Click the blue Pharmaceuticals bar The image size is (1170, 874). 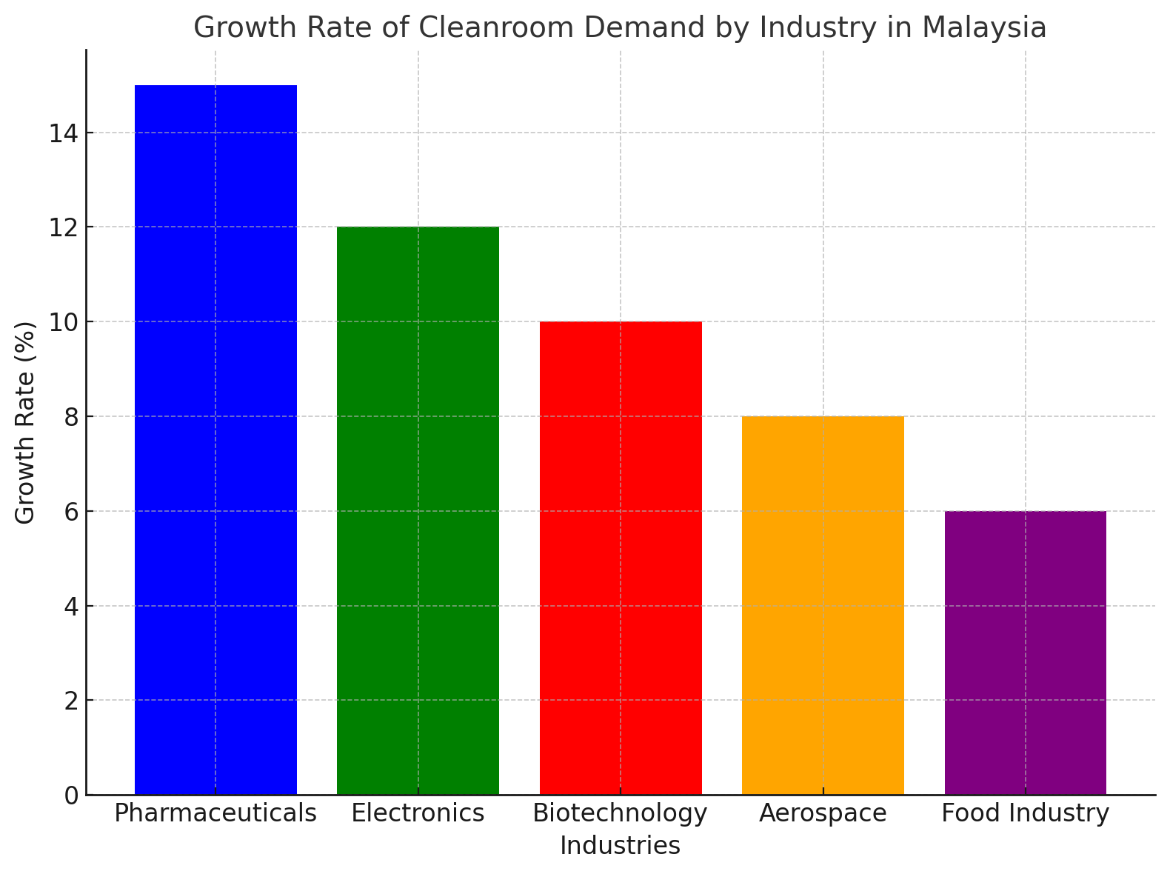tap(215, 440)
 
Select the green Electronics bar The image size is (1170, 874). tap(418, 510)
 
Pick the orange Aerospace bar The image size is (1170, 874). tap(823, 605)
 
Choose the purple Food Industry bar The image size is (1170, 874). tap(1025, 653)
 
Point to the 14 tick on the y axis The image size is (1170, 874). tap(64, 133)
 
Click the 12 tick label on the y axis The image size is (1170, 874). tap(64, 227)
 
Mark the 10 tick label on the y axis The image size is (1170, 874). tap(64, 322)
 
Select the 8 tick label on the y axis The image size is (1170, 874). tap(71, 417)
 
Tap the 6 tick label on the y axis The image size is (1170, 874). tap(71, 512)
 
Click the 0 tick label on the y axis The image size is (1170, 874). tap(71, 795)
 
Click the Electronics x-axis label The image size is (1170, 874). tap(418, 813)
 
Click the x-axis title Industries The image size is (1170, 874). tap(621, 846)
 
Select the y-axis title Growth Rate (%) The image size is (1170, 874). tap(26, 422)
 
